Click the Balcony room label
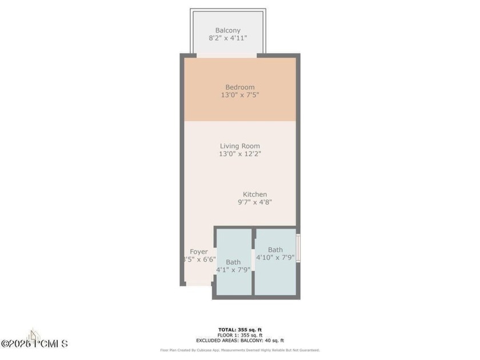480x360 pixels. tap(227, 30)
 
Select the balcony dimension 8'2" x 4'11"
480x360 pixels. tap(227, 39)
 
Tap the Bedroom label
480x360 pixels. tap(239, 87)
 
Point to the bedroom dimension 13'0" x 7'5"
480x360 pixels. tap(239, 95)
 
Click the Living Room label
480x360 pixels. tap(239, 146)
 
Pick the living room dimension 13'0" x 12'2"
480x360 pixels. tap(239, 154)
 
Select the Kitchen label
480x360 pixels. tap(255, 194)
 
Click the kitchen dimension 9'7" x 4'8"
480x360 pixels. tap(255, 202)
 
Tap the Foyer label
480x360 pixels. tap(199, 251)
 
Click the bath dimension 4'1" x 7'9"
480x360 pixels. tap(233, 270)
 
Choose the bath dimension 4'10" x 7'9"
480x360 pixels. tap(275, 257)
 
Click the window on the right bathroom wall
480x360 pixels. tap(298, 246)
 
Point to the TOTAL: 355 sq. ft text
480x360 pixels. tap(239, 330)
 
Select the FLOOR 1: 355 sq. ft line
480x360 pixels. tap(239, 335)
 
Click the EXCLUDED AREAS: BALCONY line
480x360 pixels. tap(239, 340)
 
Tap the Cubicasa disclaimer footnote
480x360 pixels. tap(239, 350)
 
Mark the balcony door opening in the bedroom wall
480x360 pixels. tap(227, 55)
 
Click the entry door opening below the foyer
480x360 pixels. tap(198, 283)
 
